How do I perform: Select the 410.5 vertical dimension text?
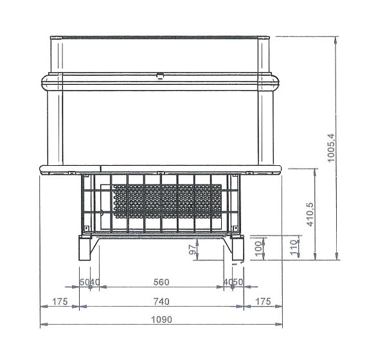tap(310, 214)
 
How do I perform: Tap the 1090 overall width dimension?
tap(161, 319)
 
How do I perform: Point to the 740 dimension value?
tap(161, 301)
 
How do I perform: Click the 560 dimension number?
tap(161, 282)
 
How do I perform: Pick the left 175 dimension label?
tap(60, 301)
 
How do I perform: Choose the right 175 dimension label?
tap(263, 301)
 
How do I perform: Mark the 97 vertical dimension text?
tap(192, 249)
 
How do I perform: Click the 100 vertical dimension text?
tap(258, 249)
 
